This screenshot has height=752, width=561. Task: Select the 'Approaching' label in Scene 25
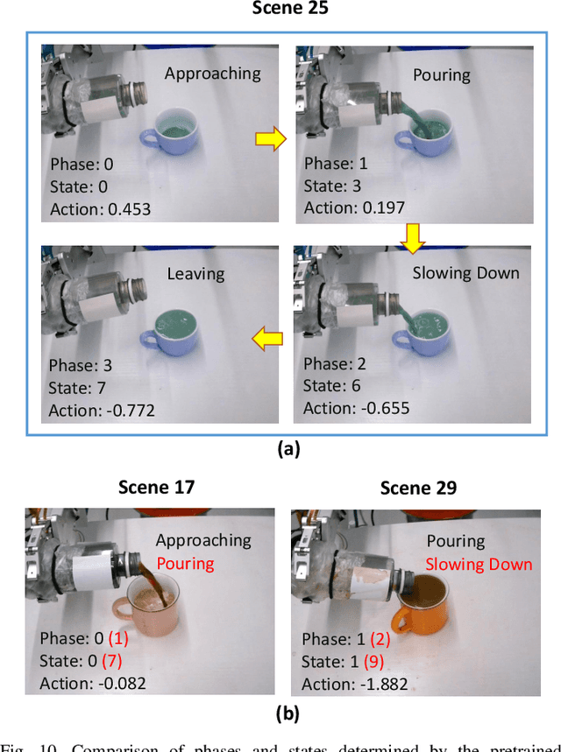click(212, 74)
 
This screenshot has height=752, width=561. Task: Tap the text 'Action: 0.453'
click(100, 208)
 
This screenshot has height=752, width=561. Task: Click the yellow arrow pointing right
click(271, 137)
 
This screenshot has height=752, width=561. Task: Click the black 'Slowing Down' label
click(465, 273)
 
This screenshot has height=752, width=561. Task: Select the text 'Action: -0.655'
click(356, 408)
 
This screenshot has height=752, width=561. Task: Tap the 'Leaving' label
click(195, 274)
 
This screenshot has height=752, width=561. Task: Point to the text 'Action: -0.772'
click(102, 409)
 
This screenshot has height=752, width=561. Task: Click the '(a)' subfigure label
click(288, 449)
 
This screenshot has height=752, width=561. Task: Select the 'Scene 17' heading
click(156, 487)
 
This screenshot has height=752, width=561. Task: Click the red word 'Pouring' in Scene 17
click(185, 563)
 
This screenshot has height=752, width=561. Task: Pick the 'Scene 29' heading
click(418, 488)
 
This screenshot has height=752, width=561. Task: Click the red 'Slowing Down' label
click(479, 564)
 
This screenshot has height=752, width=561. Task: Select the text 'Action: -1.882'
click(354, 684)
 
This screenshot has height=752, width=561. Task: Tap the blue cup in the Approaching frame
click(172, 136)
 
